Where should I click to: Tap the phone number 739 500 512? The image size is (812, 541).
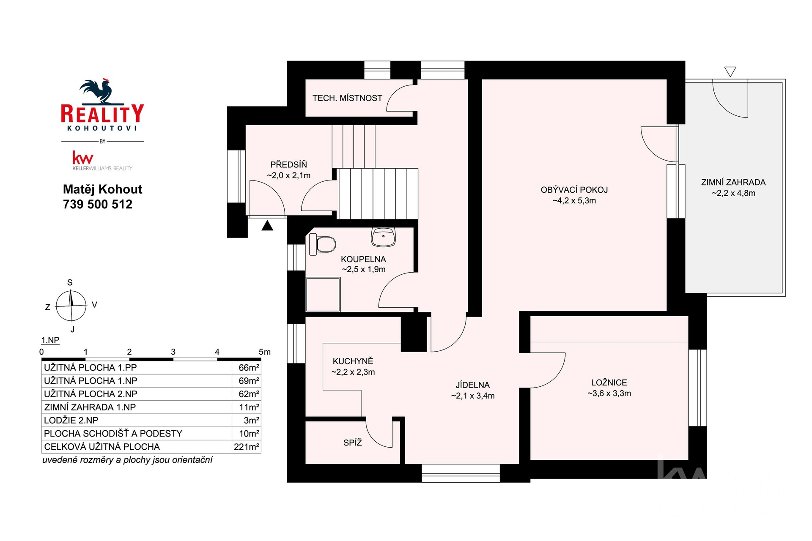point(98,205)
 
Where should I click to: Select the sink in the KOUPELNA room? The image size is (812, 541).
point(383,237)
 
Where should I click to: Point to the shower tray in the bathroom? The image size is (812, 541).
point(323,294)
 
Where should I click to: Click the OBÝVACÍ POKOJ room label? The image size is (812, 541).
point(574,190)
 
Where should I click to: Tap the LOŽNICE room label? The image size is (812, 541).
point(609,383)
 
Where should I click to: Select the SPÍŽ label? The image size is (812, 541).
point(353,443)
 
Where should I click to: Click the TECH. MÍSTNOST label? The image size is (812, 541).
point(347,98)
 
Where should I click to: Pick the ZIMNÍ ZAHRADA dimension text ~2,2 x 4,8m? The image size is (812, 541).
point(733,193)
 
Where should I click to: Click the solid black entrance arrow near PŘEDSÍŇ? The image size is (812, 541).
point(267,226)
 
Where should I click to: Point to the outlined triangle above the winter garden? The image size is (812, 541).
point(730,71)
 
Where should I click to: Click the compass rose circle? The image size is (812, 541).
point(71,305)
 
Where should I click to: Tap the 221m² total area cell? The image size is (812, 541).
point(246,447)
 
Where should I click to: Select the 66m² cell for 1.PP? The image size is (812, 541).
point(248,368)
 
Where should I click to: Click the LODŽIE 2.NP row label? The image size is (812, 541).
point(71,421)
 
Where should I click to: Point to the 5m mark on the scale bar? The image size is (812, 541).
point(264,352)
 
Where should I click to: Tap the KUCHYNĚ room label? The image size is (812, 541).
point(353,361)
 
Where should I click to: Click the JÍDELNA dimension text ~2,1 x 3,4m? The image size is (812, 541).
point(472,396)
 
